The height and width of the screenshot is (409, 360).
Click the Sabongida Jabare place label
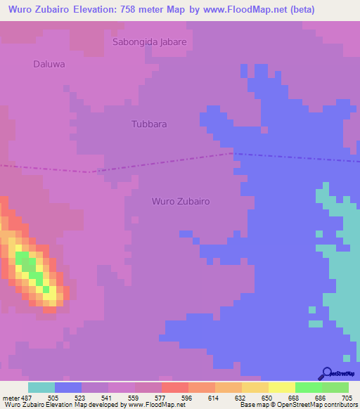(150, 42)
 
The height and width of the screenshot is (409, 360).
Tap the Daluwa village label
(49, 64)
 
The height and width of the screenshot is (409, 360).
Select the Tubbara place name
(149, 124)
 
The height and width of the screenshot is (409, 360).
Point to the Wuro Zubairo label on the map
(181, 201)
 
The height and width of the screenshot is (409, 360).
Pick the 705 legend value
(346, 397)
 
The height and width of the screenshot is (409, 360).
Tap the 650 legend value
(267, 397)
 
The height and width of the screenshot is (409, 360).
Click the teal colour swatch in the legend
(41, 387)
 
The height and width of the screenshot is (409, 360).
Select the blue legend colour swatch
(68, 387)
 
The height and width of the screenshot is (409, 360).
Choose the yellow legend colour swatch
(281, 387)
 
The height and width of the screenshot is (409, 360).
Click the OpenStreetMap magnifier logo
(326, 373)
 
